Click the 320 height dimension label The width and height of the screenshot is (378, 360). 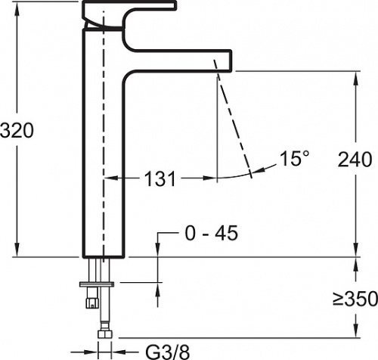(x=17, y=130)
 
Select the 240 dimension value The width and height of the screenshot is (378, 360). (x=355, y=160)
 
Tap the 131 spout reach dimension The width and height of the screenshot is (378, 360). (x=160, y=178)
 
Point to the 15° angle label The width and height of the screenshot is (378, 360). (x=294, y=159)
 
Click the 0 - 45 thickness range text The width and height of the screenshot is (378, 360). (x=212, y=233)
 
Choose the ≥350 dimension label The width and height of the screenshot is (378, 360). (x=355, y=299)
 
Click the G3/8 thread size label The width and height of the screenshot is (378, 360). (x=168, y=352)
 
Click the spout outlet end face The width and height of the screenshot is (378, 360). (x=231, y=61)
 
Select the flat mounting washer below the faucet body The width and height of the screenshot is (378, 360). (x=97, y=284)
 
